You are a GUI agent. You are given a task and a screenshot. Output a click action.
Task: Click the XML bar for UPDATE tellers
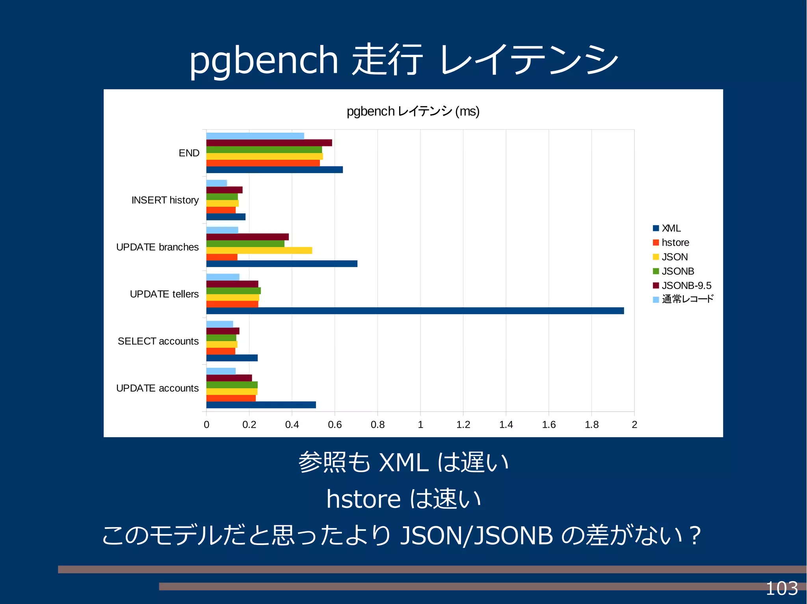[x=415, y=311]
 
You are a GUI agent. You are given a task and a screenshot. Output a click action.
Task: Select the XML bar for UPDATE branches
[x=281, y=264]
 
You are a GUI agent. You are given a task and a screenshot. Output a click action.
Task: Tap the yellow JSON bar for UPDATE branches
[x=259, y=250]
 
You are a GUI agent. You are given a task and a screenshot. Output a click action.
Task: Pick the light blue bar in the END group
[x=255, y=136]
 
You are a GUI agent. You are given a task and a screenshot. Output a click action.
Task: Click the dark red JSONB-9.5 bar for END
[x=269, y=143]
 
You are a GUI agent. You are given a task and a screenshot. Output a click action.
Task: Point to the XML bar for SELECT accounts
[x=232, y=358]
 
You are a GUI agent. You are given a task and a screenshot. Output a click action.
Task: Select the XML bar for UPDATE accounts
[x=261, y=405]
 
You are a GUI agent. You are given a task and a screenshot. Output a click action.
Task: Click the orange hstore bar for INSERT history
[x=221, y=210]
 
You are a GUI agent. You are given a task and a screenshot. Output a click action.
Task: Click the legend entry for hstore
[x=675, y=242]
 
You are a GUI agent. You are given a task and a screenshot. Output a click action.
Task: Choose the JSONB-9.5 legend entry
[x=686, y=285]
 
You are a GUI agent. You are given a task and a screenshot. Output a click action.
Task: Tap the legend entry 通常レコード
[x=687, y=299]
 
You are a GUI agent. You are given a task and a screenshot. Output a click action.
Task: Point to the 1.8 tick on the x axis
[x=591, y=425]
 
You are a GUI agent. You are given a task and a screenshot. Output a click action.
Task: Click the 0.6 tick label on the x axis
[x=335, y=425]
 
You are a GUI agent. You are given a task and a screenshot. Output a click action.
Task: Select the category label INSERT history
[x=165, y=200]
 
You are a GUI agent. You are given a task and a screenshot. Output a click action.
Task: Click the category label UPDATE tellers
[x=164, y=294]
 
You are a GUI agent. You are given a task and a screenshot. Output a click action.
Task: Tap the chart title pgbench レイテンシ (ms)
[x=413, y=111]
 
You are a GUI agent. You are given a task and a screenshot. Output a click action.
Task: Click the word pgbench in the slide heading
[x=263, y=60]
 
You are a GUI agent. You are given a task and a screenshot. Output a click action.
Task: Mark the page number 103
[x=781, y=589]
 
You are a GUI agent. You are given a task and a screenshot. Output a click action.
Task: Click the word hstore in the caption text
[x=363, y=499]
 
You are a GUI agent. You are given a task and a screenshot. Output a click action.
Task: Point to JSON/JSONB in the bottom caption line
[x=476, y=536]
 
